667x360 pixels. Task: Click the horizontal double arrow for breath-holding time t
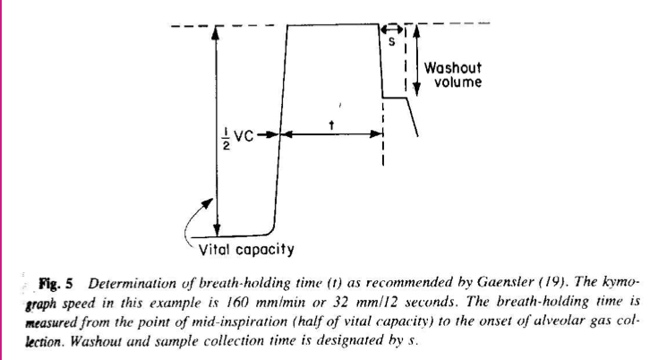(331, 136)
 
